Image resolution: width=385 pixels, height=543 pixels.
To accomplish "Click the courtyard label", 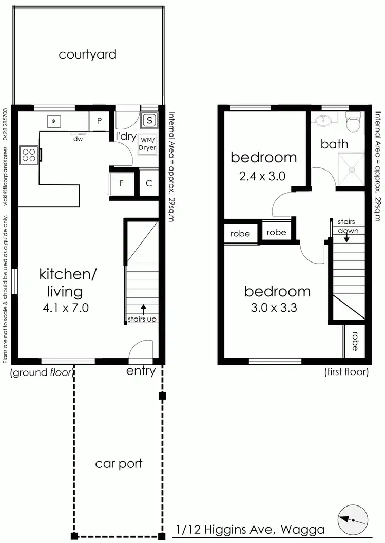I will tap(87, 54).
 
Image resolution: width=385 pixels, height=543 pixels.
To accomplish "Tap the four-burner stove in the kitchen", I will tap(28, 155).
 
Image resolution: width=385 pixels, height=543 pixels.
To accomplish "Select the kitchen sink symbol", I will tap(54, 121).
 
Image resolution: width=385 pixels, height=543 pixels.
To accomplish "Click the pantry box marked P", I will tap(99, 121).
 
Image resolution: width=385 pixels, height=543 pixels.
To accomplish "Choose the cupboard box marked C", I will tap(149, 183).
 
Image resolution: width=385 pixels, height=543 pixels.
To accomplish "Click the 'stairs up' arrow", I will tap(143, 309).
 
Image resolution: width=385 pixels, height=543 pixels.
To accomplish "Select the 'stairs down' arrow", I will tap(347, 238).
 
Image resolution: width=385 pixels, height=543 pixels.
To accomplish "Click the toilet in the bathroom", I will tap(353, 123).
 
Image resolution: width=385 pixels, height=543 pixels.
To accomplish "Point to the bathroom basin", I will tap(323, 121).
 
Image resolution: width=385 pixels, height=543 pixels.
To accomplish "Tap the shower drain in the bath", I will tap(352, 167).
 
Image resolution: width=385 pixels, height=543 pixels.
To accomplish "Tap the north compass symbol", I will tap(353, 520).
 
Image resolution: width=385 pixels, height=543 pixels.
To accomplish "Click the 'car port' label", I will tap(119, 464).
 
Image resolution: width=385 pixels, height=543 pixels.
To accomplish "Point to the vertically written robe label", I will tap(355, 341).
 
